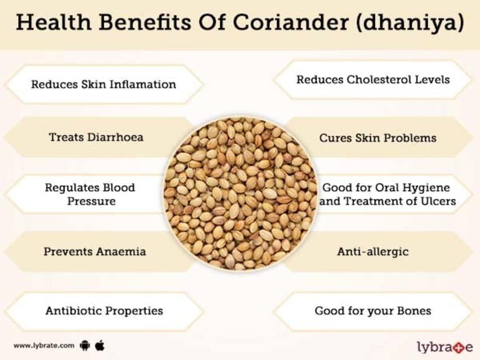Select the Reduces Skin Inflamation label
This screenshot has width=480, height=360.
(x=103, y=85)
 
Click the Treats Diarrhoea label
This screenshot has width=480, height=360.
(x=96, y=137)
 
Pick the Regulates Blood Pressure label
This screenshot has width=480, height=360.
(x=90, y=194)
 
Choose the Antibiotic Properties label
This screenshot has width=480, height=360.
(x=104, y=310)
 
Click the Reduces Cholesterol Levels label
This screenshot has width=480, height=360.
(x=373, y=79)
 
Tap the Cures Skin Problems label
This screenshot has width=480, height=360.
(x=377, y=138)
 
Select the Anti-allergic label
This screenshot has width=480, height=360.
(x=373, y=252)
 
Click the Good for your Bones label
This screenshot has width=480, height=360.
(x=373, y=310)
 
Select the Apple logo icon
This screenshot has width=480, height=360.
(x=100, y=344)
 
